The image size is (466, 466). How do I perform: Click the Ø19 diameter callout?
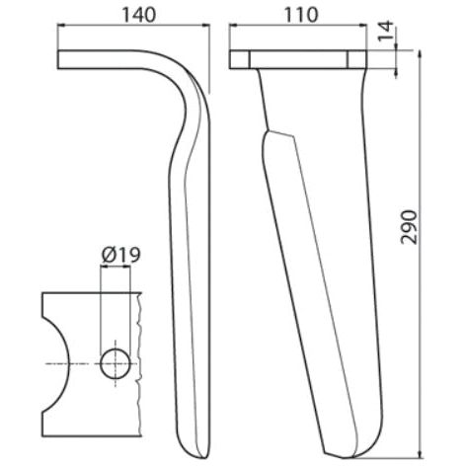click(117, 256)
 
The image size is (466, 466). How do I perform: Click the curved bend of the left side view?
click(190, 89)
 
